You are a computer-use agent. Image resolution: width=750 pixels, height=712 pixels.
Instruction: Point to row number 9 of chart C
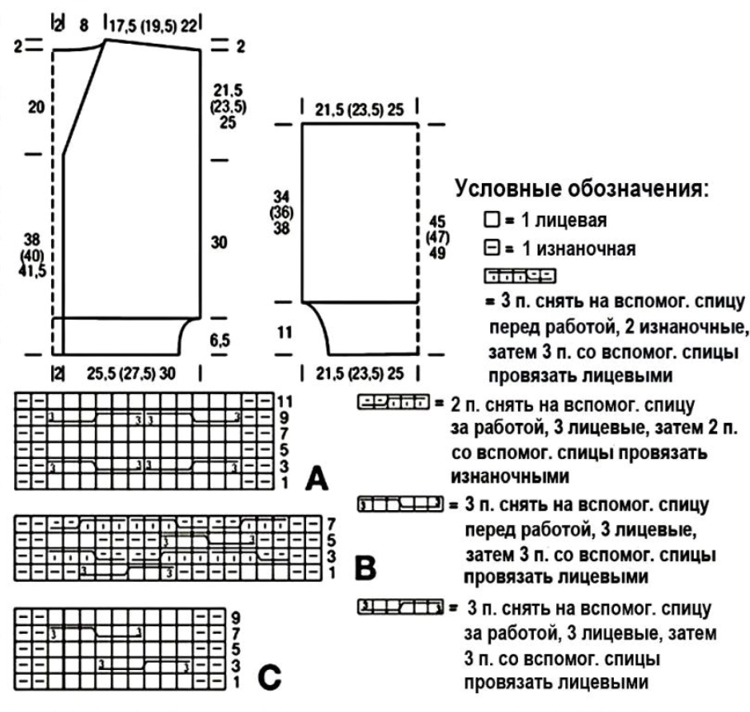click(234, 616)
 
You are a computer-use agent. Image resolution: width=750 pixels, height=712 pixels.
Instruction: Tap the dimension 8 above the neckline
click(83, 25)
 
